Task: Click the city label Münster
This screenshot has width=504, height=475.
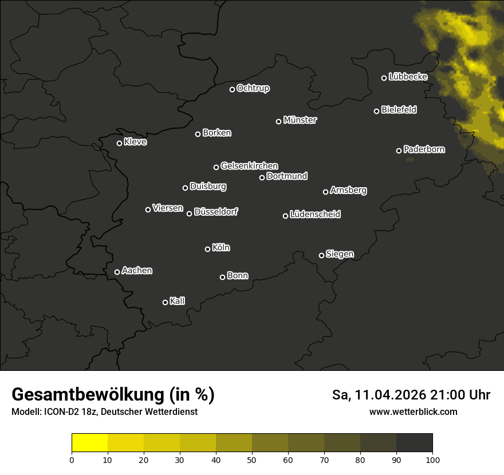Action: pos(300,120)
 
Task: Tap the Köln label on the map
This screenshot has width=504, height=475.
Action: pos(220,248)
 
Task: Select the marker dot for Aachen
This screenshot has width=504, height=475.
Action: pos(117,272)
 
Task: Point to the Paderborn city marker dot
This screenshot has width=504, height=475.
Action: pos(399,151)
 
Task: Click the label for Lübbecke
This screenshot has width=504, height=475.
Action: pos(408,77)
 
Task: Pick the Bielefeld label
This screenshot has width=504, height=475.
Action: pos(399,110)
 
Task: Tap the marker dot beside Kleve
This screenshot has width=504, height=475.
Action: pos(120,143)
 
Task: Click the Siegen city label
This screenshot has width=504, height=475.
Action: pos(340,254)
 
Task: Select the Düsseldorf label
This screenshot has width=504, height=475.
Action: pos(216,212)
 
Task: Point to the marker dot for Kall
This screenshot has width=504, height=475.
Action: pos(166,302)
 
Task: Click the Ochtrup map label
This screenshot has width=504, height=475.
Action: pos(253,88)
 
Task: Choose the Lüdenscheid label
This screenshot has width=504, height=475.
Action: pos(315,215)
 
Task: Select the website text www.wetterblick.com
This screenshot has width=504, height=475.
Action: pos(413,411)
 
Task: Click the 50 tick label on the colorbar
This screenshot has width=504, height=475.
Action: pos(252,459)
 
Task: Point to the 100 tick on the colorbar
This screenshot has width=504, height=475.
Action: pos(432,459)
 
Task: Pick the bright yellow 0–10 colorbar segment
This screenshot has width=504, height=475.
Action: pos(90,443)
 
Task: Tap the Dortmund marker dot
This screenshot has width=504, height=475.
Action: pos(262,177)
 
